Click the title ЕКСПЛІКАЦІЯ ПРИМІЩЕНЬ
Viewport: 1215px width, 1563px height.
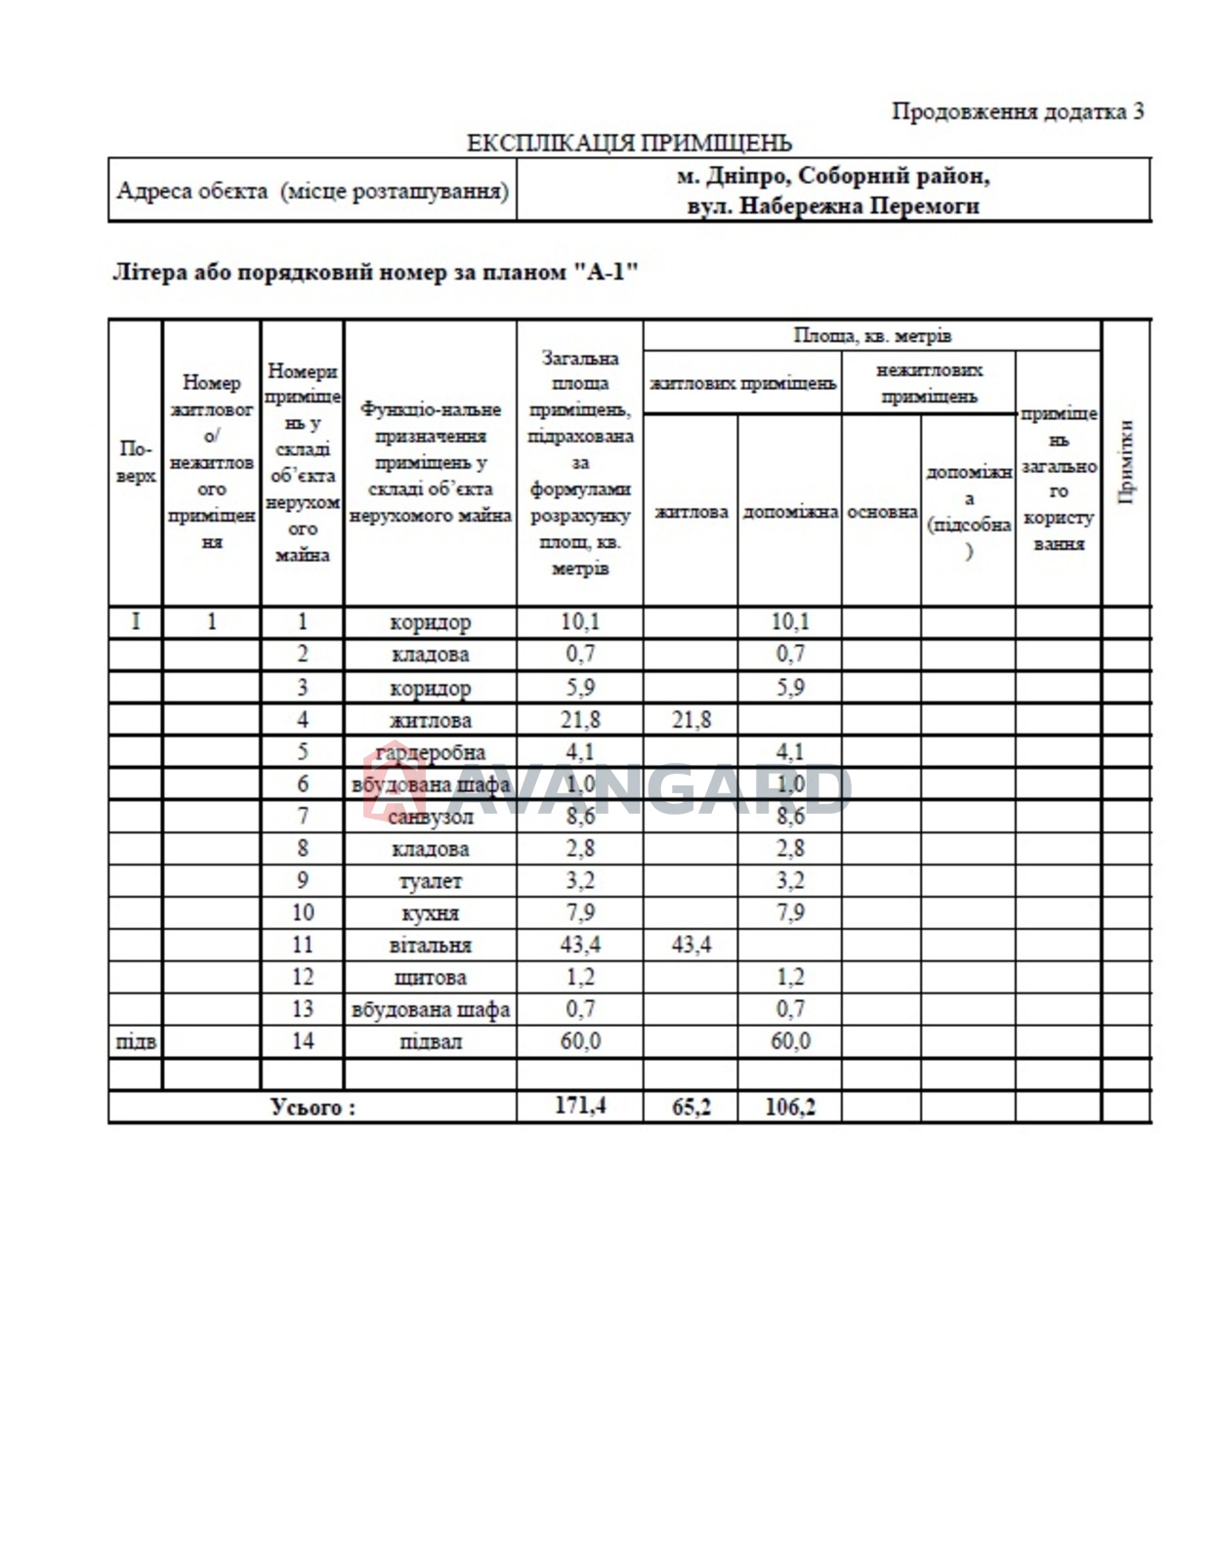click(629, 144)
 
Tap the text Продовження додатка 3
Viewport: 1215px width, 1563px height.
click(1017, 111)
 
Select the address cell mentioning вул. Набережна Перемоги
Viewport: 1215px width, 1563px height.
click(833, 190)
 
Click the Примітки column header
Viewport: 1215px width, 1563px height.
click(1126, 462)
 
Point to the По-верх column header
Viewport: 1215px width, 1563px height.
click(136, 462)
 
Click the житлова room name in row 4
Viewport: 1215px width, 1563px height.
click(430, 721)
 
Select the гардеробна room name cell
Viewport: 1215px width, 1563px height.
click(430, 752)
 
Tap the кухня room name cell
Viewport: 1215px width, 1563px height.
click(430, 913)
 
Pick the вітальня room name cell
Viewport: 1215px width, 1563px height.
click(430, 946)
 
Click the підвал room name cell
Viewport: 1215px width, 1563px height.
click(430, 1041)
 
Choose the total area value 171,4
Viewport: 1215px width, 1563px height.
click(580, 1106)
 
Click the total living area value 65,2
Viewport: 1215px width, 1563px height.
click(691, 1107)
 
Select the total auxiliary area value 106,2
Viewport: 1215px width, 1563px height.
click(789, 1107)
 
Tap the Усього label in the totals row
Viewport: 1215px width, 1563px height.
click(313, 1107)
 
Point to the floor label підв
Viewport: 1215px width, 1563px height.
click(136, 1041)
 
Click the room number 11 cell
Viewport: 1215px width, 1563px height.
click(303, 946)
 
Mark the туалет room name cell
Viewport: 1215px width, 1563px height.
click(430, 881)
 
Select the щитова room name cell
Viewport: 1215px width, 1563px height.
click(430, 978)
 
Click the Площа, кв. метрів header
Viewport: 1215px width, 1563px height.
click(871, 336)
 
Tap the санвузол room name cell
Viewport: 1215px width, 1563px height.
click(430, 817)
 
